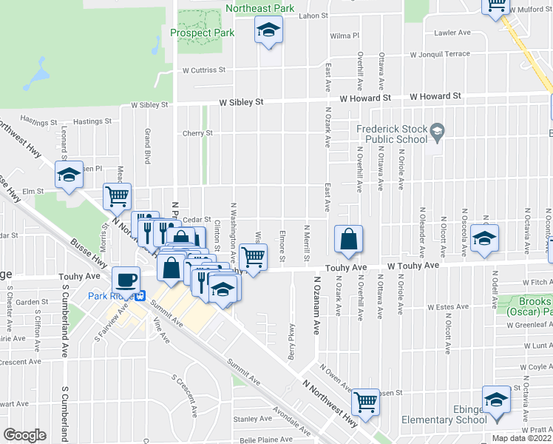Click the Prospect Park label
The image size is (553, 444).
coord(202,33)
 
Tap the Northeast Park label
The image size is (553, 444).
coord(260,8)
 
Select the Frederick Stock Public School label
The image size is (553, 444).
coord(392,133)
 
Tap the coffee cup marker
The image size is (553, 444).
coord(125,279)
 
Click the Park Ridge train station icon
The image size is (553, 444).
coord(139,297)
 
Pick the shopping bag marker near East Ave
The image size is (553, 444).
coord(348,239)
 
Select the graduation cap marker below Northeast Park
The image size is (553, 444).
coord(268,30)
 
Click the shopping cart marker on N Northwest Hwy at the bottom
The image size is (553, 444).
coord(365,402)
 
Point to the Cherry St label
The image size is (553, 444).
coord(197,133)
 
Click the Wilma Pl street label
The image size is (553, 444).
coord(345,36)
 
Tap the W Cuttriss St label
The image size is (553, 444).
coord(203,70)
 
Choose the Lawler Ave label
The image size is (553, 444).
coord(452,33)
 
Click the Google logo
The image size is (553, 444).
coord(24,434)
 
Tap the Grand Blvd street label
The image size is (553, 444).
coord(148,141)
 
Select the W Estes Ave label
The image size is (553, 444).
coord(449,306)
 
